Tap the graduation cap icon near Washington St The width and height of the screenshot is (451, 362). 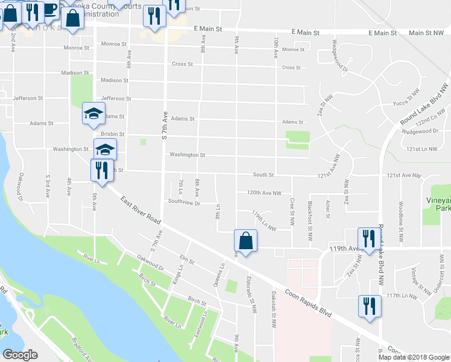pyautogui.click(x=104, y=149)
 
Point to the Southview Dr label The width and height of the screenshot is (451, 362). pyautogui.click(x=184, y=202)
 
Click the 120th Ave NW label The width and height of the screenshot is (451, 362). pyautogui.click(x=264, y=193)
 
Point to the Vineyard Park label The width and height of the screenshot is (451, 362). pyautogui.click(x=438, y=204)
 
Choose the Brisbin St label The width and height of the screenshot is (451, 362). pyautogui.click(x=113, y=134)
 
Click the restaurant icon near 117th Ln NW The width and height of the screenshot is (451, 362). pyautogui.click(x=368, y=305)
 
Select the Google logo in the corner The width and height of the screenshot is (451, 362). pyautogui.click(x=20, y=355)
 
